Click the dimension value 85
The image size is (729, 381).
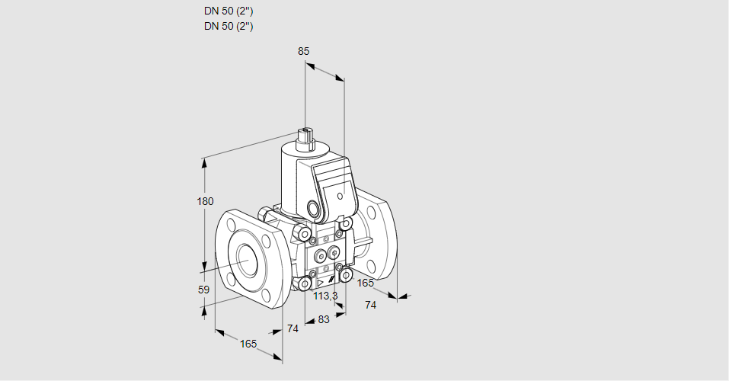point(303,51)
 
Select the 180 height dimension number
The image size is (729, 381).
point(206,201)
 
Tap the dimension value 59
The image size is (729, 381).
point(203,290)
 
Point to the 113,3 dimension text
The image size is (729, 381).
point(326,296)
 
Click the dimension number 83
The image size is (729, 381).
point(323,319)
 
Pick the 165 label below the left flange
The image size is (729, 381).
point(248,344)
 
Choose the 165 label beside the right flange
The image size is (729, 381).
point(366,283)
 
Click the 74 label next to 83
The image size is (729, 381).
point(292,328)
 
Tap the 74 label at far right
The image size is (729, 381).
point(371,305)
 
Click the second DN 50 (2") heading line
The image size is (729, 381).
point(229,26)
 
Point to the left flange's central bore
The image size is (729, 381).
point(247,261)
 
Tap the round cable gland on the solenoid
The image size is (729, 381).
point(314,209)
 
